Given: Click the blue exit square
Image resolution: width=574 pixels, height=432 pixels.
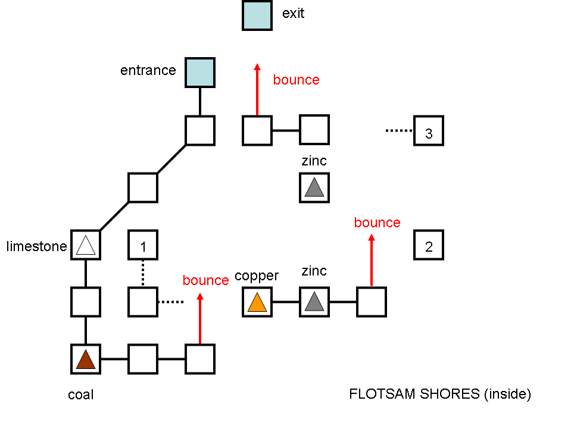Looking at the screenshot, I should [257, 15].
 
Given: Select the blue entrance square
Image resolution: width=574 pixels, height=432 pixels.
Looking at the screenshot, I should [199, 73].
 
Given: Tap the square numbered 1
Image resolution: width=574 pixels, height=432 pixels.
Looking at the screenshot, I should [143, 245].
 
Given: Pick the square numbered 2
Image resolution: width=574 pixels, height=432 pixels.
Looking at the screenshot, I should [429, 245].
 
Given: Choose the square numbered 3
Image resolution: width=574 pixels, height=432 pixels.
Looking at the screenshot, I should [429, 131].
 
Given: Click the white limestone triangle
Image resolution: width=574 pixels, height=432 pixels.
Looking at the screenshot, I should [86, 246].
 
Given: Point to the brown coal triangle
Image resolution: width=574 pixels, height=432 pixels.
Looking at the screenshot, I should [86, 360].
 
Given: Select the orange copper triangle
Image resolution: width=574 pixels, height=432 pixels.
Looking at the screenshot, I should [257, 303].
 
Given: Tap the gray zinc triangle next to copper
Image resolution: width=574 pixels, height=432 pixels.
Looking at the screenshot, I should [314, 303].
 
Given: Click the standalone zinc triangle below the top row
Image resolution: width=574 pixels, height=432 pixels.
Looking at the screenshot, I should [314, 189].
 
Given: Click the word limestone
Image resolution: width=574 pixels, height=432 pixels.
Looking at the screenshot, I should [37, 246].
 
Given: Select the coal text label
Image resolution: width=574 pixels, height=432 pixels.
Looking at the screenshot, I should [81, 395].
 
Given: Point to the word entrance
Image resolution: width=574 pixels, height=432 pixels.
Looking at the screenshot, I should [148, 70].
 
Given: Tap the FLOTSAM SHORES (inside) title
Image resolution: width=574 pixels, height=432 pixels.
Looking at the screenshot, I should [439, 394].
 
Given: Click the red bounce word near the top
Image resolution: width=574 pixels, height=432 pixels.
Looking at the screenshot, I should [296, 80].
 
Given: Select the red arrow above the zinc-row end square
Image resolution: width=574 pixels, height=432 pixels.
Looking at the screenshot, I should [372, 260].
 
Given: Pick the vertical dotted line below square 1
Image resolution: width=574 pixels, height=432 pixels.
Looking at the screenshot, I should [143, 274].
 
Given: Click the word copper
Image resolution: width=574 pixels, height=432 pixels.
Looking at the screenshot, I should [257, 276].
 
